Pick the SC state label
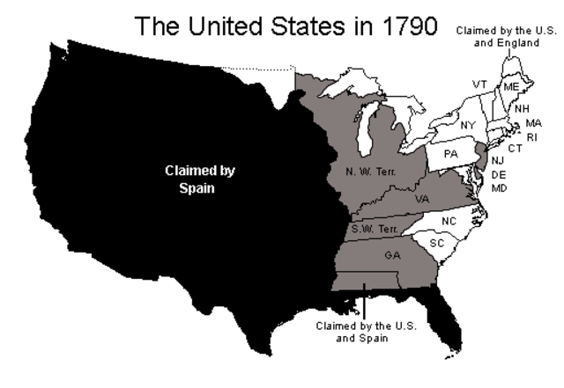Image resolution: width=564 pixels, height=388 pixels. pos(437,241)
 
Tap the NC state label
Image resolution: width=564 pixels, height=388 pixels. pos(450,221)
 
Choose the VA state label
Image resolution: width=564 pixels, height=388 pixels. pos(422,198)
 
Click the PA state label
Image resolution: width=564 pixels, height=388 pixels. pos(451,153)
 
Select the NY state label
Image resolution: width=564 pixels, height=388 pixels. pos(467,125)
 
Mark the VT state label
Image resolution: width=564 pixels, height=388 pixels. pos(479,84)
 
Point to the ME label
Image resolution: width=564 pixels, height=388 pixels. pos(512,86)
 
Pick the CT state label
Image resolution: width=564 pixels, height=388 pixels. pos(515,148)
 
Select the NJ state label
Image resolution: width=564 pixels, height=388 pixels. pos(499,160)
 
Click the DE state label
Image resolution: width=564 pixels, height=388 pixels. pos(499,174)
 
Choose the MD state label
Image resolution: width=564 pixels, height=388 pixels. pos(499,187)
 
